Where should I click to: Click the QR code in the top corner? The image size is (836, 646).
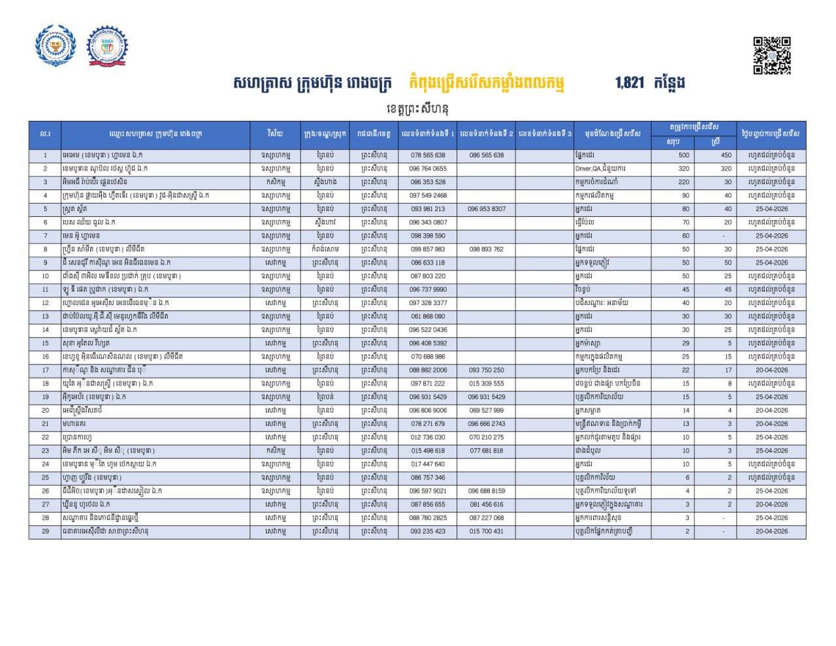(x=772, y=55)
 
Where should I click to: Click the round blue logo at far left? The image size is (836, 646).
(x=55, y=45)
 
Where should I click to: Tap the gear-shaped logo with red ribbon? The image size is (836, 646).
(x=108, y=46)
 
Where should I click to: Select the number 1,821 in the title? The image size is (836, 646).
(x=629, y=83)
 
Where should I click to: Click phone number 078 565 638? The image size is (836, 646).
(x=428, y=155)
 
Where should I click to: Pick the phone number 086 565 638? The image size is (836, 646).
(x=486, y=155)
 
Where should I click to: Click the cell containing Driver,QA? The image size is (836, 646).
(x=611, y=169)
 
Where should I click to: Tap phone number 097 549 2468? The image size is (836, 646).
(x=428, y=195)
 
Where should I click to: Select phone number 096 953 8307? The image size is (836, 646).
(x=486, y=209)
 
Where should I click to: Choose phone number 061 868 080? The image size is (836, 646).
(x=428, y=316)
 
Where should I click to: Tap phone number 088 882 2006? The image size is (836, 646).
(x=428, y=370)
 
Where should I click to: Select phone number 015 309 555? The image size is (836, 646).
(x=486, y=383)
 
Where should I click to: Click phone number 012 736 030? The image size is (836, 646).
(x=428, y=437)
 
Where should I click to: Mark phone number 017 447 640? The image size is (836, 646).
(x=428, y=464)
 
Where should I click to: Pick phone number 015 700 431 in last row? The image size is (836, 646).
(x=486, y=531)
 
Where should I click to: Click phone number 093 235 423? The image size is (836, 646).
(x=428, y=531)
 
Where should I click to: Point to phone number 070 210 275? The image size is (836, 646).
(x=486, y=437)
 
